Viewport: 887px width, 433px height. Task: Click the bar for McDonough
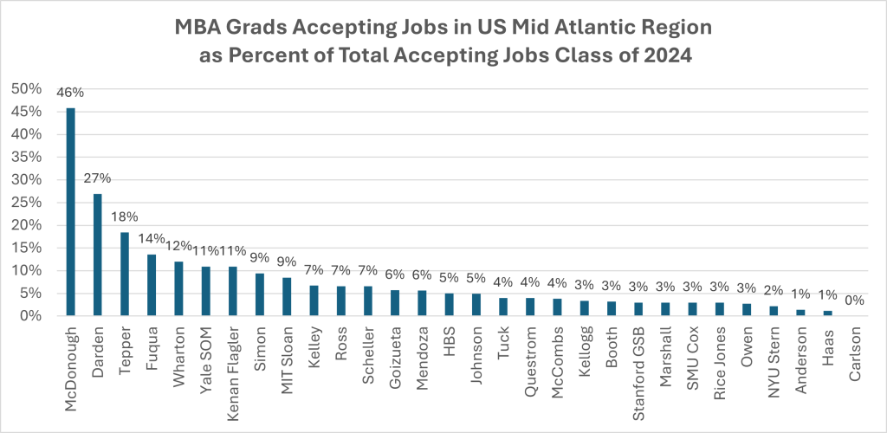point(70,211)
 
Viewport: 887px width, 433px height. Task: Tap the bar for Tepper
point(124,274)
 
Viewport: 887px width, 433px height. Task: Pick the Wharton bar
point(178,288)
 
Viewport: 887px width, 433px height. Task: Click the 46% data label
point(70,91)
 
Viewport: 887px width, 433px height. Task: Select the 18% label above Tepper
point(124,216)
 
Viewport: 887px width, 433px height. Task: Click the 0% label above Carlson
point(854,300)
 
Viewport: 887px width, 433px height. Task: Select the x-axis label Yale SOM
point(206,359)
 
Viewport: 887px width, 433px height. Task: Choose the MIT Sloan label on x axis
point(288,359)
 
